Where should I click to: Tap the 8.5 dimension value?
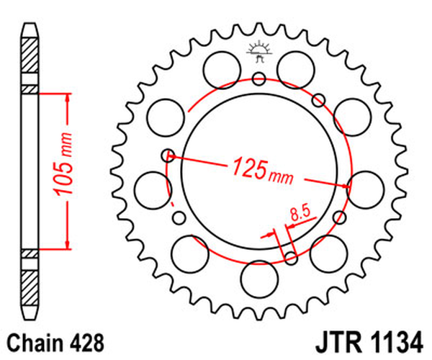click(x=300, y=213)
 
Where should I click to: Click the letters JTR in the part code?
click(x=335, y=341)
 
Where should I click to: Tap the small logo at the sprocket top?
click(x=258, y=51)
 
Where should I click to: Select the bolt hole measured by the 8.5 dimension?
click(x=291, y=258)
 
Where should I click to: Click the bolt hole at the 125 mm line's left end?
click(x=169, y=153)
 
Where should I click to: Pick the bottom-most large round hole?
click(x=258, y=278)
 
